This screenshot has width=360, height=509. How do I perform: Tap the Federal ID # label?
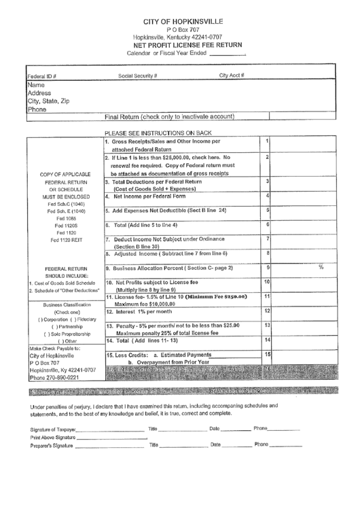click(x=41, y=76)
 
